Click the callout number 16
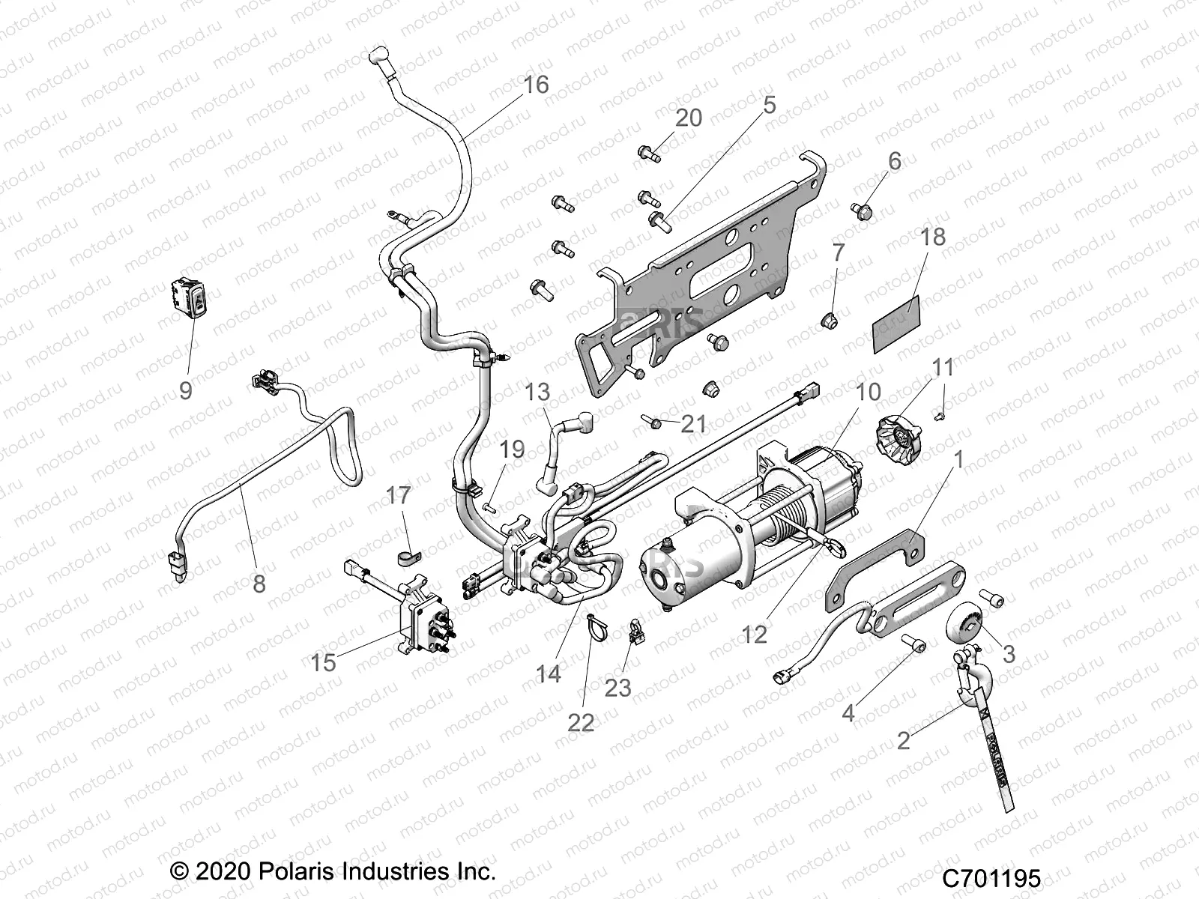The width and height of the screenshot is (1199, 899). tap(536, 85)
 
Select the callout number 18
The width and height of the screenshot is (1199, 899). tap(933, 237)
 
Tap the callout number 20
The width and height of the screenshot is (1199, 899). tap(688, 118)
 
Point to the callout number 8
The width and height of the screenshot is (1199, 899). tap(259, 584)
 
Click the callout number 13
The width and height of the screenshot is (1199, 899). tap(537, 392)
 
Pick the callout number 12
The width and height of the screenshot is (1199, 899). tap(755, 634)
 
